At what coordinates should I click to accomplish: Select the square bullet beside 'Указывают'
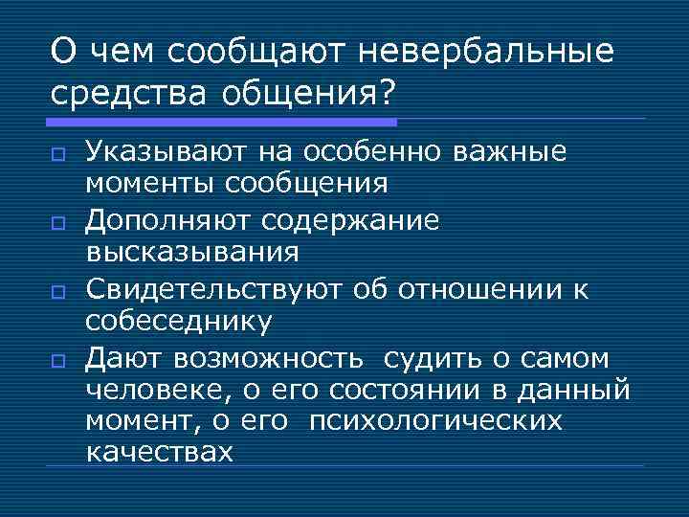58,155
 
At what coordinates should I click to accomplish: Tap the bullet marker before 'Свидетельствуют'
58,293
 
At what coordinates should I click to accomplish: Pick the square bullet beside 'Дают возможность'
58,362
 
